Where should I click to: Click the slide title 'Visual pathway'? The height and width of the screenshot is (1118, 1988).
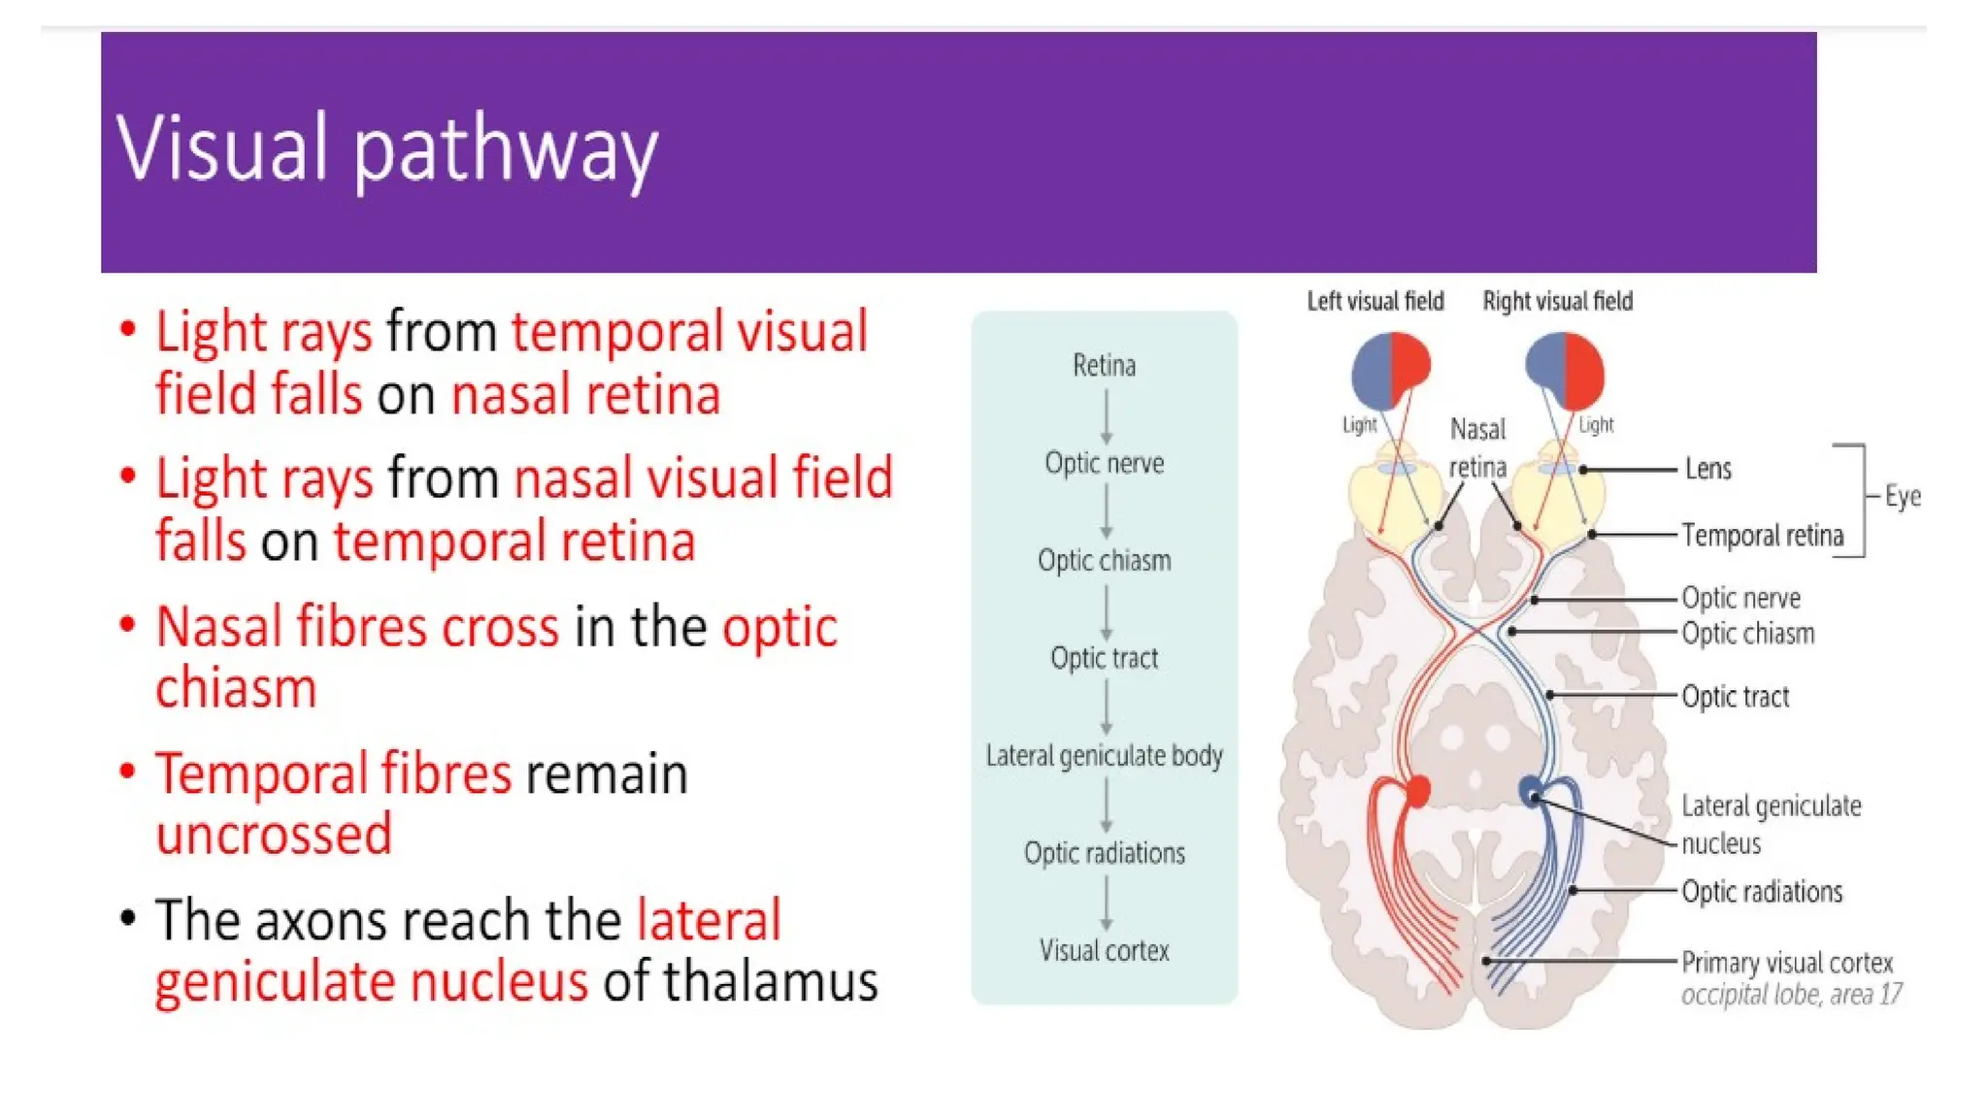point(386,148)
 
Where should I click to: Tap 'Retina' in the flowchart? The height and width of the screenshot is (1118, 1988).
point(1104,366)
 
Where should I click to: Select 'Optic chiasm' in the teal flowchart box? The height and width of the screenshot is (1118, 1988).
point(1104,561)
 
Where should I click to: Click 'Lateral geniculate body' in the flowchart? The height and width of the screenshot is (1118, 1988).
point(1104,756)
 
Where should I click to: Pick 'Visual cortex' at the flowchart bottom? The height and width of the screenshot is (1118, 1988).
point(1104,951)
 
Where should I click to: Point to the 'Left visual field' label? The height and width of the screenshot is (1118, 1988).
point(1375,302)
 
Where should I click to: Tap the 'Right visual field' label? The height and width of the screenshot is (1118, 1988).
point(1557,302)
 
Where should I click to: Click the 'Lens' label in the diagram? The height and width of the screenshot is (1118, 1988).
point(1707,470)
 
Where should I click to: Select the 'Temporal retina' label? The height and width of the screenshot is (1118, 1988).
point(1762,536)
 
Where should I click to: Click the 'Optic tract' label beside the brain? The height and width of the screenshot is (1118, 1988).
point(1735,697)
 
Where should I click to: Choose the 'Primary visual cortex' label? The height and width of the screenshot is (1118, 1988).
point(1786,963)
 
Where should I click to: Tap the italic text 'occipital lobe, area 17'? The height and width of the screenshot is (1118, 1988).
point(1791,995)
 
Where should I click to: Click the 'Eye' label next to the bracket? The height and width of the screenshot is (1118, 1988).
point(1902,497)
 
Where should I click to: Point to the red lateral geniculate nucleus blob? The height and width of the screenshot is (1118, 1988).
point(1418,791)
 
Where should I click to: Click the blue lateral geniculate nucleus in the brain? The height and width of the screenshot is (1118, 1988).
point(1532,791)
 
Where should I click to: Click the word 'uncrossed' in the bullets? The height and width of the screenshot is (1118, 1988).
point(274,835)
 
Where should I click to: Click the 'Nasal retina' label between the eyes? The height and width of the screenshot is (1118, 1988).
point(1477,448)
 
